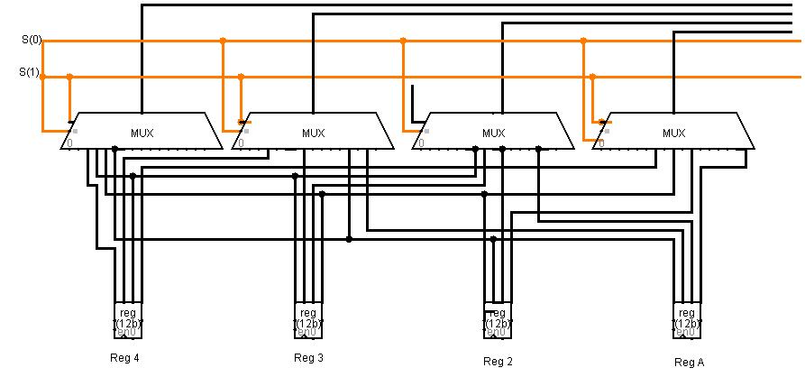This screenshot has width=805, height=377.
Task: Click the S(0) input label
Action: point(31,41)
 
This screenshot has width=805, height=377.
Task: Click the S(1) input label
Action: point(31,71)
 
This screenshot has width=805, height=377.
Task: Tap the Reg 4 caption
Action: point(124,357)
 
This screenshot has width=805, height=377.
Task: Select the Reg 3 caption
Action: point(308,358)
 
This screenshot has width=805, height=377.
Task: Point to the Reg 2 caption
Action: point(498,362)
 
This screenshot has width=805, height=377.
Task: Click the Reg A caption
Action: point(690,362)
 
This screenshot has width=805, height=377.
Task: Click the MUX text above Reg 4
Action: point(142,133)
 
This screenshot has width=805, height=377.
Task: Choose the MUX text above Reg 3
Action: point(313,133)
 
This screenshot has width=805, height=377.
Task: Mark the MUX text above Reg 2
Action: point(493,133)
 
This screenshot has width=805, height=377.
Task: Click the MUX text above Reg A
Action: point(673,133)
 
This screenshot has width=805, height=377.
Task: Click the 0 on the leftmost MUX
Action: point(69,143)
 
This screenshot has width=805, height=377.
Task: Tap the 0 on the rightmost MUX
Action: point(600,143)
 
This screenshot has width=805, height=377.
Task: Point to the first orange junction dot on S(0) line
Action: point(223,41)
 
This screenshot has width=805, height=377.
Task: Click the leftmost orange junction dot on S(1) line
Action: point(69,77)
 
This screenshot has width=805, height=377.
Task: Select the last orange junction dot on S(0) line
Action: point(583,41)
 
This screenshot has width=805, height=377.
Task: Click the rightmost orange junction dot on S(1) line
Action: point(592,77)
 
